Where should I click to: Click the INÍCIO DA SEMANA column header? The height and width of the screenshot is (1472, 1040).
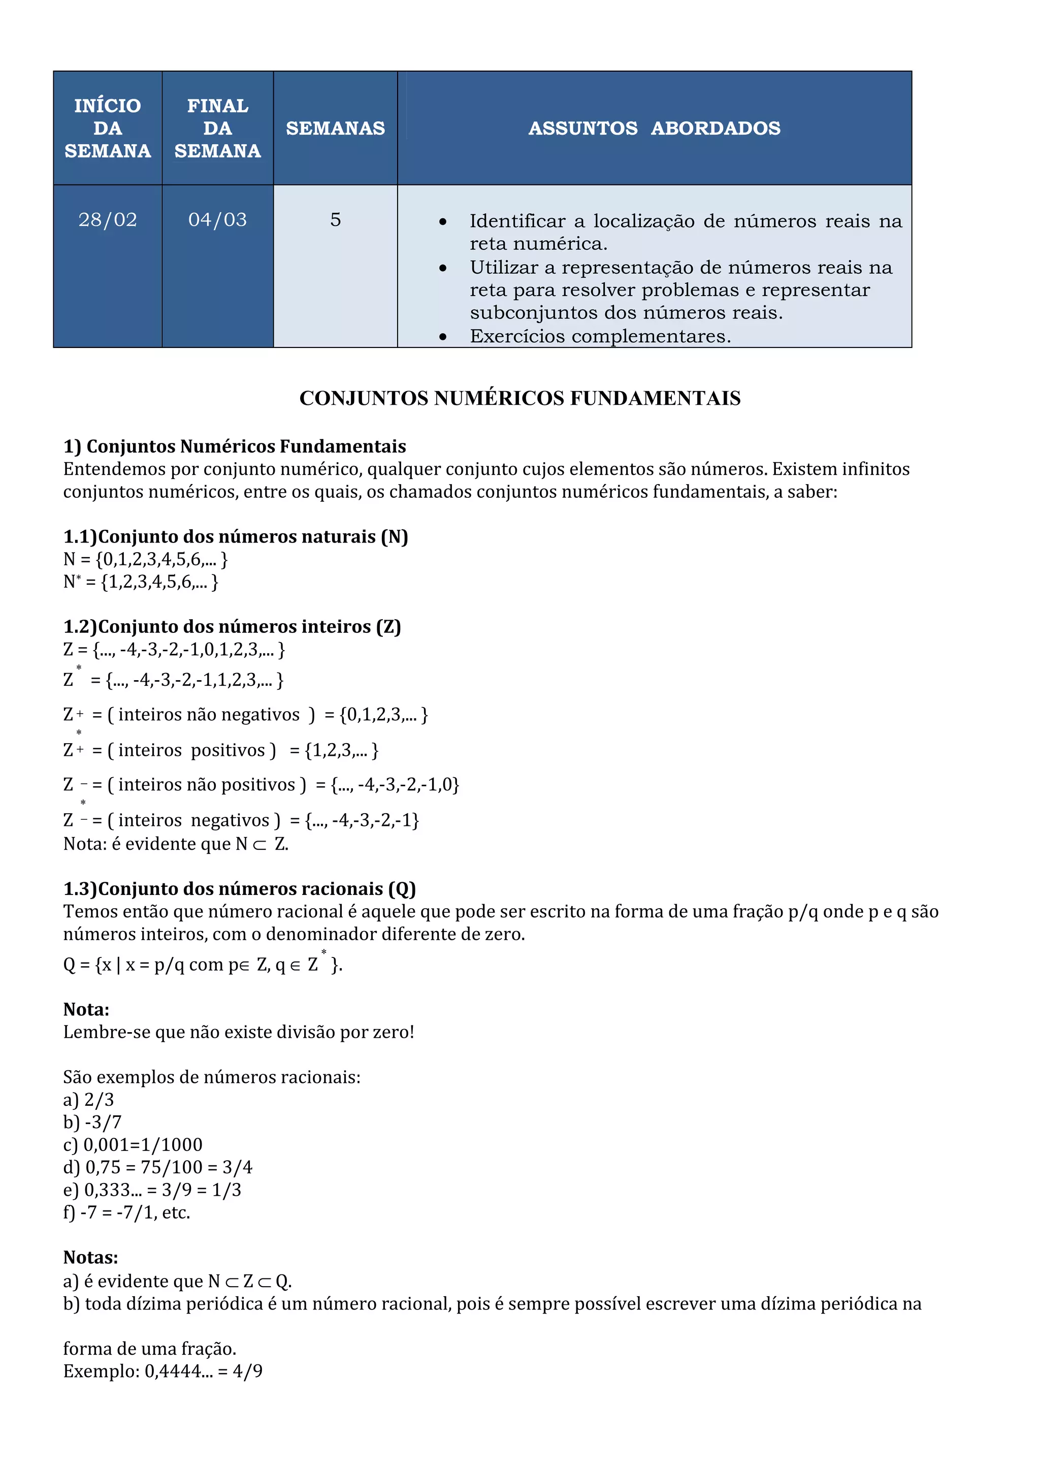pos(108,128)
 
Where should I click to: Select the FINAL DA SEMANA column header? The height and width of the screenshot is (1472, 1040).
pos(217,128)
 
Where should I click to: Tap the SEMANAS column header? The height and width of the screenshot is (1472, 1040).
pos(335,128)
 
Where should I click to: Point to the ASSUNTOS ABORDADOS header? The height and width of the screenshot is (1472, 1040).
pos(654,128)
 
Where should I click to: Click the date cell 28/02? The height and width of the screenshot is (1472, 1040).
pos(108,220)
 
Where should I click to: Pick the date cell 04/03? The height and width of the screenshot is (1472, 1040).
pos(217,220)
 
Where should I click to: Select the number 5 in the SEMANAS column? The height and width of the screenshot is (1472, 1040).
pos(335,220)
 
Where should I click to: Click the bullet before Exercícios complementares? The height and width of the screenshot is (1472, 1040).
pos(443,337)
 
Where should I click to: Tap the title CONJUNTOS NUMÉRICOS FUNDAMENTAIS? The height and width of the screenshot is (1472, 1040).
pos(519,398)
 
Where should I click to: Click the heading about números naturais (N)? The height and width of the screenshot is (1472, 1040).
pos(235,536)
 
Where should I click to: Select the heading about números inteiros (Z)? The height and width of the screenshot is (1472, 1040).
pos(232,626)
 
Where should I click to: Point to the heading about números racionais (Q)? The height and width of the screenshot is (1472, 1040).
pos(240,888)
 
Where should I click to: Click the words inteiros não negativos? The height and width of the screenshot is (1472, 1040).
pos(209,714)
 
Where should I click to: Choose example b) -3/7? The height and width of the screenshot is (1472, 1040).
pos(92,1122)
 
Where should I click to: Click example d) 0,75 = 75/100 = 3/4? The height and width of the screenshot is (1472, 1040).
pos(157,1167)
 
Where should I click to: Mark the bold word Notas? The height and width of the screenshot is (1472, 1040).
pos(90,1257)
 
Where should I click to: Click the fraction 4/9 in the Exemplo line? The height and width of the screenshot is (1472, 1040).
pos(247,1371)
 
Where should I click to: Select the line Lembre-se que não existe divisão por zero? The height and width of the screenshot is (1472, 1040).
pos(238,1032)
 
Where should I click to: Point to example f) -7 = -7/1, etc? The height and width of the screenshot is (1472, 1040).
pos(127,1212)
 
